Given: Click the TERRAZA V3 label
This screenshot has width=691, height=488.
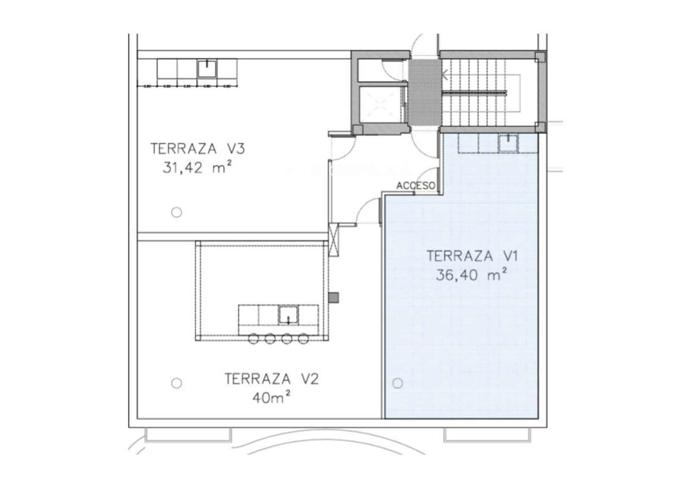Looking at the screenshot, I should (198, 149).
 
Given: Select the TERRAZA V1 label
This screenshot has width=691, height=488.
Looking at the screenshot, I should (472, 256).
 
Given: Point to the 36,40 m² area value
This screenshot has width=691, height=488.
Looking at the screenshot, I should (471, 275).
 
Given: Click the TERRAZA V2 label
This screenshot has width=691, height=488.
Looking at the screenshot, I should (272, 379).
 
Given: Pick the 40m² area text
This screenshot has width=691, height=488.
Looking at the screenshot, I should (271, 397).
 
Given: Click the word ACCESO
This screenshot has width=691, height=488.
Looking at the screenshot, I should (416, 185).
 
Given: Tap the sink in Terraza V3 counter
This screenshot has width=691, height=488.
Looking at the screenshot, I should (207, 69).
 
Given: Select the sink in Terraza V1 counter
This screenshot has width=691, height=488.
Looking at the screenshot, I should (508, 143).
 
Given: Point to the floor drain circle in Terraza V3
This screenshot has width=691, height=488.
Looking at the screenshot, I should (176, 212).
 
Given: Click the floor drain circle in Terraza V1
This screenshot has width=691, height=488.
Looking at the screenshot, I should (397, 383).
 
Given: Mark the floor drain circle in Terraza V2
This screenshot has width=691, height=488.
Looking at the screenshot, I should (176, 383).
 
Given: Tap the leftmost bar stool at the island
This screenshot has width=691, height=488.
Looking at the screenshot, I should (254, 339).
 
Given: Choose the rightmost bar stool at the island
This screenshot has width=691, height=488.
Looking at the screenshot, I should (304, 339).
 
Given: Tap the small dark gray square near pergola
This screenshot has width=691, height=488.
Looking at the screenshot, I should (333, 297).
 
